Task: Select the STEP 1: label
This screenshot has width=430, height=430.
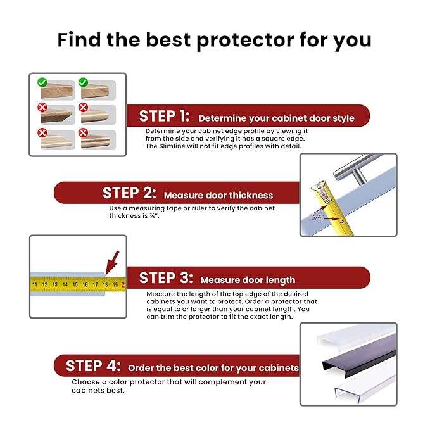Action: click(x=164, y=117)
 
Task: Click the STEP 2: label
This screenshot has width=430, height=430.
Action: click(x=130, y=193)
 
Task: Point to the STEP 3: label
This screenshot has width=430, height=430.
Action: click(x=165, y=278)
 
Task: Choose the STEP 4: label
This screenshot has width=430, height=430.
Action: click(x=93, y=366)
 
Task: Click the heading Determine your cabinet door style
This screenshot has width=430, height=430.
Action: click(x=276, y=118)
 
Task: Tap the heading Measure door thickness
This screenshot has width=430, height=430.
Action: click(x=218, y=195)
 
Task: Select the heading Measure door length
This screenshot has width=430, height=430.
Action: click(x=248, y=280)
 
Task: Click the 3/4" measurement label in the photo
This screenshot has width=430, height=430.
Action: click(x=317, y=217)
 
